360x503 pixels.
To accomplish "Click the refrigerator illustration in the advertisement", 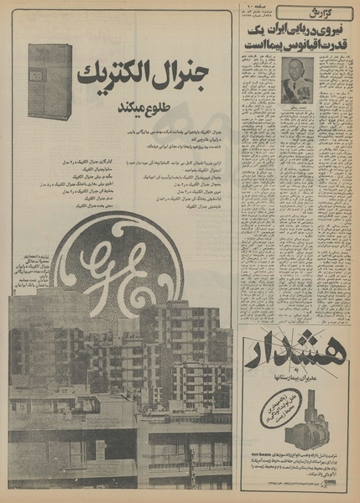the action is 50,80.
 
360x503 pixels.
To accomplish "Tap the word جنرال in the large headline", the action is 187,75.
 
